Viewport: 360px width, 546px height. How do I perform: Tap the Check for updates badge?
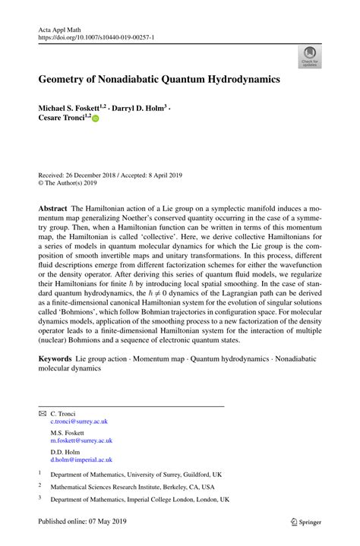tap(309, 55)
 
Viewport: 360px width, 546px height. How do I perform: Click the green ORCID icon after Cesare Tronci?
tap(96, 119)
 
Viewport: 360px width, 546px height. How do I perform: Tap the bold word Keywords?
tap(56, 356)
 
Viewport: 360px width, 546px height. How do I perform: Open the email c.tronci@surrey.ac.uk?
tap(80, 421)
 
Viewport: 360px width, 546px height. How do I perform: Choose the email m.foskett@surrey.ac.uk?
tap(81, 440)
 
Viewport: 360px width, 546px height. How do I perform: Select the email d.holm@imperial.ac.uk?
tap(81, 459)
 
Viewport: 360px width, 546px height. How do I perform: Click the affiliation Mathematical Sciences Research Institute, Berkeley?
tap(133, 487)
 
